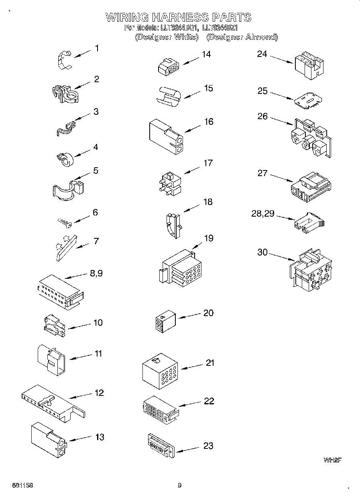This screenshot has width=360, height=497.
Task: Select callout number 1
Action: (x=96, y=48)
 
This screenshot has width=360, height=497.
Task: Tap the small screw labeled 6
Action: (x=64, y=221)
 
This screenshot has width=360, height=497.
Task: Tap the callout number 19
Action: (x=208, y=238)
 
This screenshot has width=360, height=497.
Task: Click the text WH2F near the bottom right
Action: (x=332, y=460)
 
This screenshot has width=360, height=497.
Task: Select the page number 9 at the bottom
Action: (x=180, y=485)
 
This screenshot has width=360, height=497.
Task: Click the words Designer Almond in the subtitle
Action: (x=242, y=37)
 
